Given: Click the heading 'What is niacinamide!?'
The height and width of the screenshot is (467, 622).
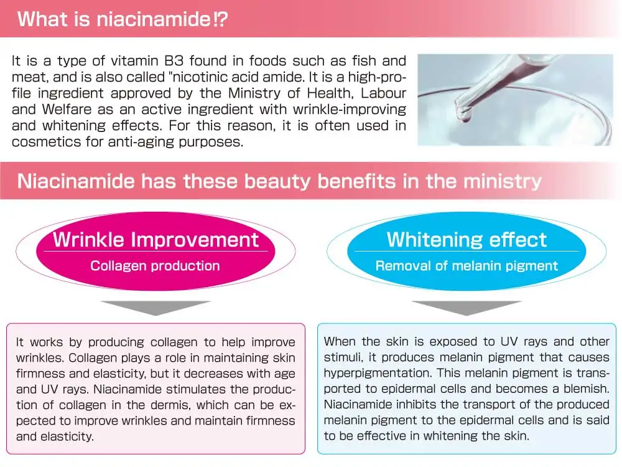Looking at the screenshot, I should [x=122, y=18].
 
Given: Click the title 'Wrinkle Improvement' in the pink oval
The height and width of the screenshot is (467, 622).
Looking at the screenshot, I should [x=155, y=240].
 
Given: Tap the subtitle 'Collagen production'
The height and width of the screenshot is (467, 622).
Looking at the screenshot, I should [x=155, y=266].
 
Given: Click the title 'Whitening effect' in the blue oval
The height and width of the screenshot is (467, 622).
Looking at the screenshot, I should [x=466, y=240].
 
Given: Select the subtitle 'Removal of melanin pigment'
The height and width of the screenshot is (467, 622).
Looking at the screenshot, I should [x=466, y=266].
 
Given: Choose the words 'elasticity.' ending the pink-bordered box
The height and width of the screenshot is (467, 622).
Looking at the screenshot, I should [x=55, y=436].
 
